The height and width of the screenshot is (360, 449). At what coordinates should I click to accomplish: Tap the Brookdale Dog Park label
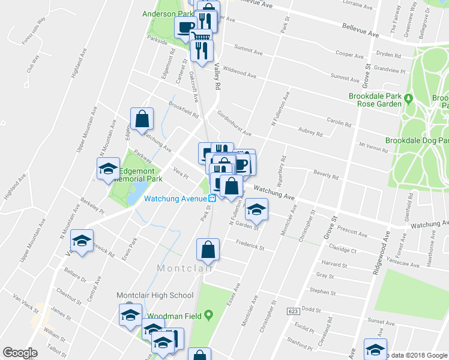[x=417, y=140]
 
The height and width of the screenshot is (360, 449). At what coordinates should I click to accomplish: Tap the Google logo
[x=20, y=353]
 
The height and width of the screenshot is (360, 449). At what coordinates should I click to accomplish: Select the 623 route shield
[x=293, y=311]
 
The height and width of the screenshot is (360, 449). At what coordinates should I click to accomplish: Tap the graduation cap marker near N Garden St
[x=256, y=209]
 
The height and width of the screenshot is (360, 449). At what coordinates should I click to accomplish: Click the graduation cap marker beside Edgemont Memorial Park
[x=108, y=169]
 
